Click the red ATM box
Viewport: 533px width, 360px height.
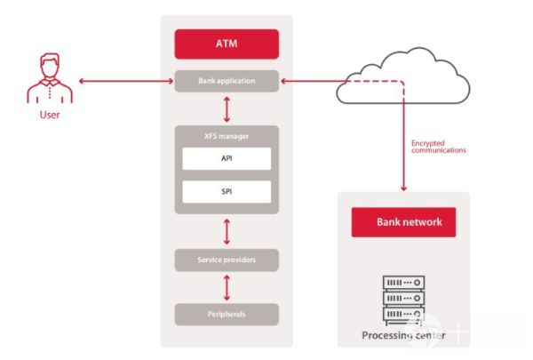click(227, 44)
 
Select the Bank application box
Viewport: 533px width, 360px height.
click(227, 82)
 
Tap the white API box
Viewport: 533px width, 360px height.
click(227, 158)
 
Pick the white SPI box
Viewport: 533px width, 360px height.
click(227, 191)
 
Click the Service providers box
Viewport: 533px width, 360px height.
click(227, 260)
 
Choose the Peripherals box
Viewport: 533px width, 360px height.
click(227, 314)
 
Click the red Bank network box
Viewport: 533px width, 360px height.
click(403, 222)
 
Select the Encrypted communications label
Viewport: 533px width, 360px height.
click(438, 146)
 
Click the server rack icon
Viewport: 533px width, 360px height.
click(402, 300)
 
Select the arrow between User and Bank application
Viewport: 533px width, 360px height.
click(125, 82)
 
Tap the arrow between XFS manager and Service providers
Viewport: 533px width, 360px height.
click(227, 230)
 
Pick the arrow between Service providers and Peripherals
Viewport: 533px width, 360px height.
click(227, 287)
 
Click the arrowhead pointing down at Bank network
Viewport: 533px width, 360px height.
click(403, 188)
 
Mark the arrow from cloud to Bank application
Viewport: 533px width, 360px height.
click(306, 82)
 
